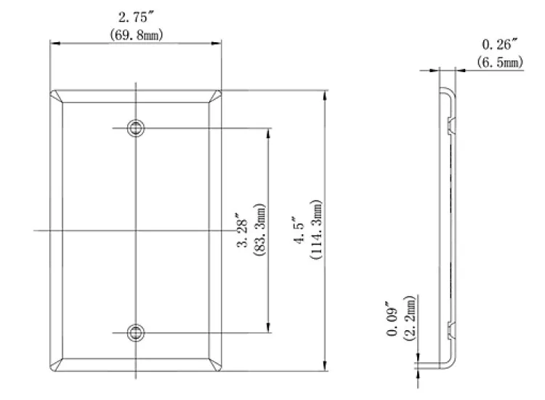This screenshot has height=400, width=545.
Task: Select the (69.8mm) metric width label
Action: click(135, 33)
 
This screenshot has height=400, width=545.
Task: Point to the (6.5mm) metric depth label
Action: click(500, 63)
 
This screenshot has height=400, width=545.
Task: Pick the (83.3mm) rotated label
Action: click(260, 231)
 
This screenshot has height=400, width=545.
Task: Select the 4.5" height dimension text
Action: click(296, 231)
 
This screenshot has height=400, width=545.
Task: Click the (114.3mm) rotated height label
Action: click(315, 231)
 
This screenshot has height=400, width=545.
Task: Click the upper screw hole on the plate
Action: click(135, 129)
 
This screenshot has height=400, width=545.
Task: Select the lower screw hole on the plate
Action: click(135, 333)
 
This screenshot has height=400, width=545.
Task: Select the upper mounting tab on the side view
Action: click(451, 124)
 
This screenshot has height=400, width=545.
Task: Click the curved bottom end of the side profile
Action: click(451, 364)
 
